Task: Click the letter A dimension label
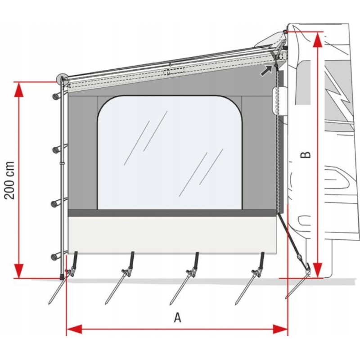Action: (x=178, y=318)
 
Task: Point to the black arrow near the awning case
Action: (x=267, y=69)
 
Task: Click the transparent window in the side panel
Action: (x=170, y=153)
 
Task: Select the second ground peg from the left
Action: (x=115, y=288)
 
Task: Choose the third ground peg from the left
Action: (x=180, y=288)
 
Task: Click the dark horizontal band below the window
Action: (x=172, y=213)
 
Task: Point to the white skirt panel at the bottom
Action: (x=172, y=234)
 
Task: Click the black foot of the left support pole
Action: (x=62, y=275)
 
